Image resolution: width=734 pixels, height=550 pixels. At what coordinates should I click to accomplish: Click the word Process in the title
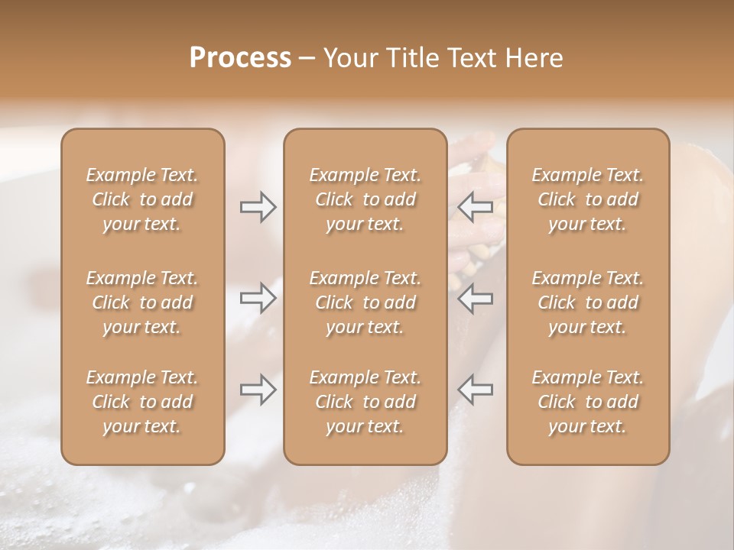tap(240, 57)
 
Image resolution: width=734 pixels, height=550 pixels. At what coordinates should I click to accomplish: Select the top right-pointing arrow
tap(258, 207)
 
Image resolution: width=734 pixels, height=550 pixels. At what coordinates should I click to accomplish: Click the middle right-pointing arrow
tap(258, 297)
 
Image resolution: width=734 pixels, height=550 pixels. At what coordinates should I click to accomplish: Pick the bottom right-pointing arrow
tap(258, 390)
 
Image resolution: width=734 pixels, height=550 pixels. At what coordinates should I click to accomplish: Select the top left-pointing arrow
tap(475, 207)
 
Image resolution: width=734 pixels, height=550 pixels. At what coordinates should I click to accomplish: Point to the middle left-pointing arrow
tap(475, 297)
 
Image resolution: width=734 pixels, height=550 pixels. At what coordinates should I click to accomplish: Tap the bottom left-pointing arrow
tap(475, 390)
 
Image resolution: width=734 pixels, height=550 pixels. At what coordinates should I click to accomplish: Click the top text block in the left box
tap(142, 199)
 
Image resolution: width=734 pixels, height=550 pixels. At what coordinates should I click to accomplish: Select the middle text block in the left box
tap(142, 302)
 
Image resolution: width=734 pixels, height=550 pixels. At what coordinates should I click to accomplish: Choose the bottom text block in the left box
tap(142, 402)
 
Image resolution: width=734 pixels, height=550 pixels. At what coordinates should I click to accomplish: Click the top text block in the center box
tap(365, 199)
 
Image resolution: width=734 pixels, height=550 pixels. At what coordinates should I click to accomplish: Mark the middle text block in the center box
tap(365, 302)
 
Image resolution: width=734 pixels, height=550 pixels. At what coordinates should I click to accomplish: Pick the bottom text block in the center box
tap(365, 402)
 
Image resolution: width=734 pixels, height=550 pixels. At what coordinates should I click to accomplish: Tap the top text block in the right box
tap(588, 199)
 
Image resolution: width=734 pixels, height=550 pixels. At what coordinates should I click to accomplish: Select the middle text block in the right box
tap(588, 302)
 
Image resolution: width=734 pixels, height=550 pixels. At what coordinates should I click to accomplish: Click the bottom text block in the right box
tap(588, 402)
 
